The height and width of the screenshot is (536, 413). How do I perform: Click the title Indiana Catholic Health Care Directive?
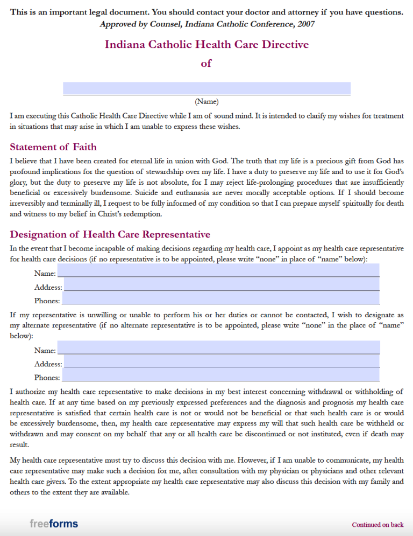[206, 44]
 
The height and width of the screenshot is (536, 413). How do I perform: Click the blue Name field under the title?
[206, 88]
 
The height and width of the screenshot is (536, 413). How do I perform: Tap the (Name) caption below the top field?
[206, 101]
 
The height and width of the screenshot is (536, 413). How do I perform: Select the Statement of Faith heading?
[53, 147]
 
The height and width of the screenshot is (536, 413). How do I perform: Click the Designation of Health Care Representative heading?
[110, 234]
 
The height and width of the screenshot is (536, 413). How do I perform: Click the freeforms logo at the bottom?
[54, 524]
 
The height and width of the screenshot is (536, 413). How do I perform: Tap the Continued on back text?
[378, 525]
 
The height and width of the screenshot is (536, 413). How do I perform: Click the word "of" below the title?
[206, 64]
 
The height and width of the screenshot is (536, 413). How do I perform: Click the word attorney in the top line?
[312, 12]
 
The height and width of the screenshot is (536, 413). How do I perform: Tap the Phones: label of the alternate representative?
[47, 378]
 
